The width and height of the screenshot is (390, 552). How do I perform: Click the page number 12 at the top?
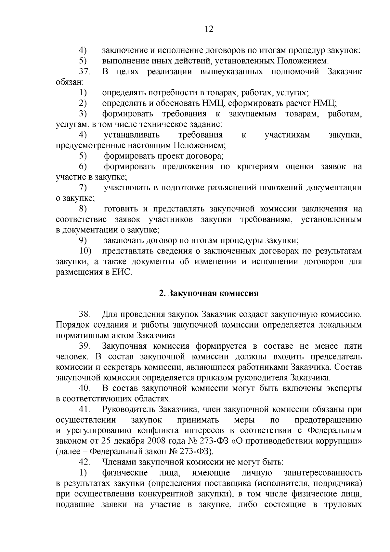[209, 29]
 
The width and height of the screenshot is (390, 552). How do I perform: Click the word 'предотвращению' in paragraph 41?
[328, 420]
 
